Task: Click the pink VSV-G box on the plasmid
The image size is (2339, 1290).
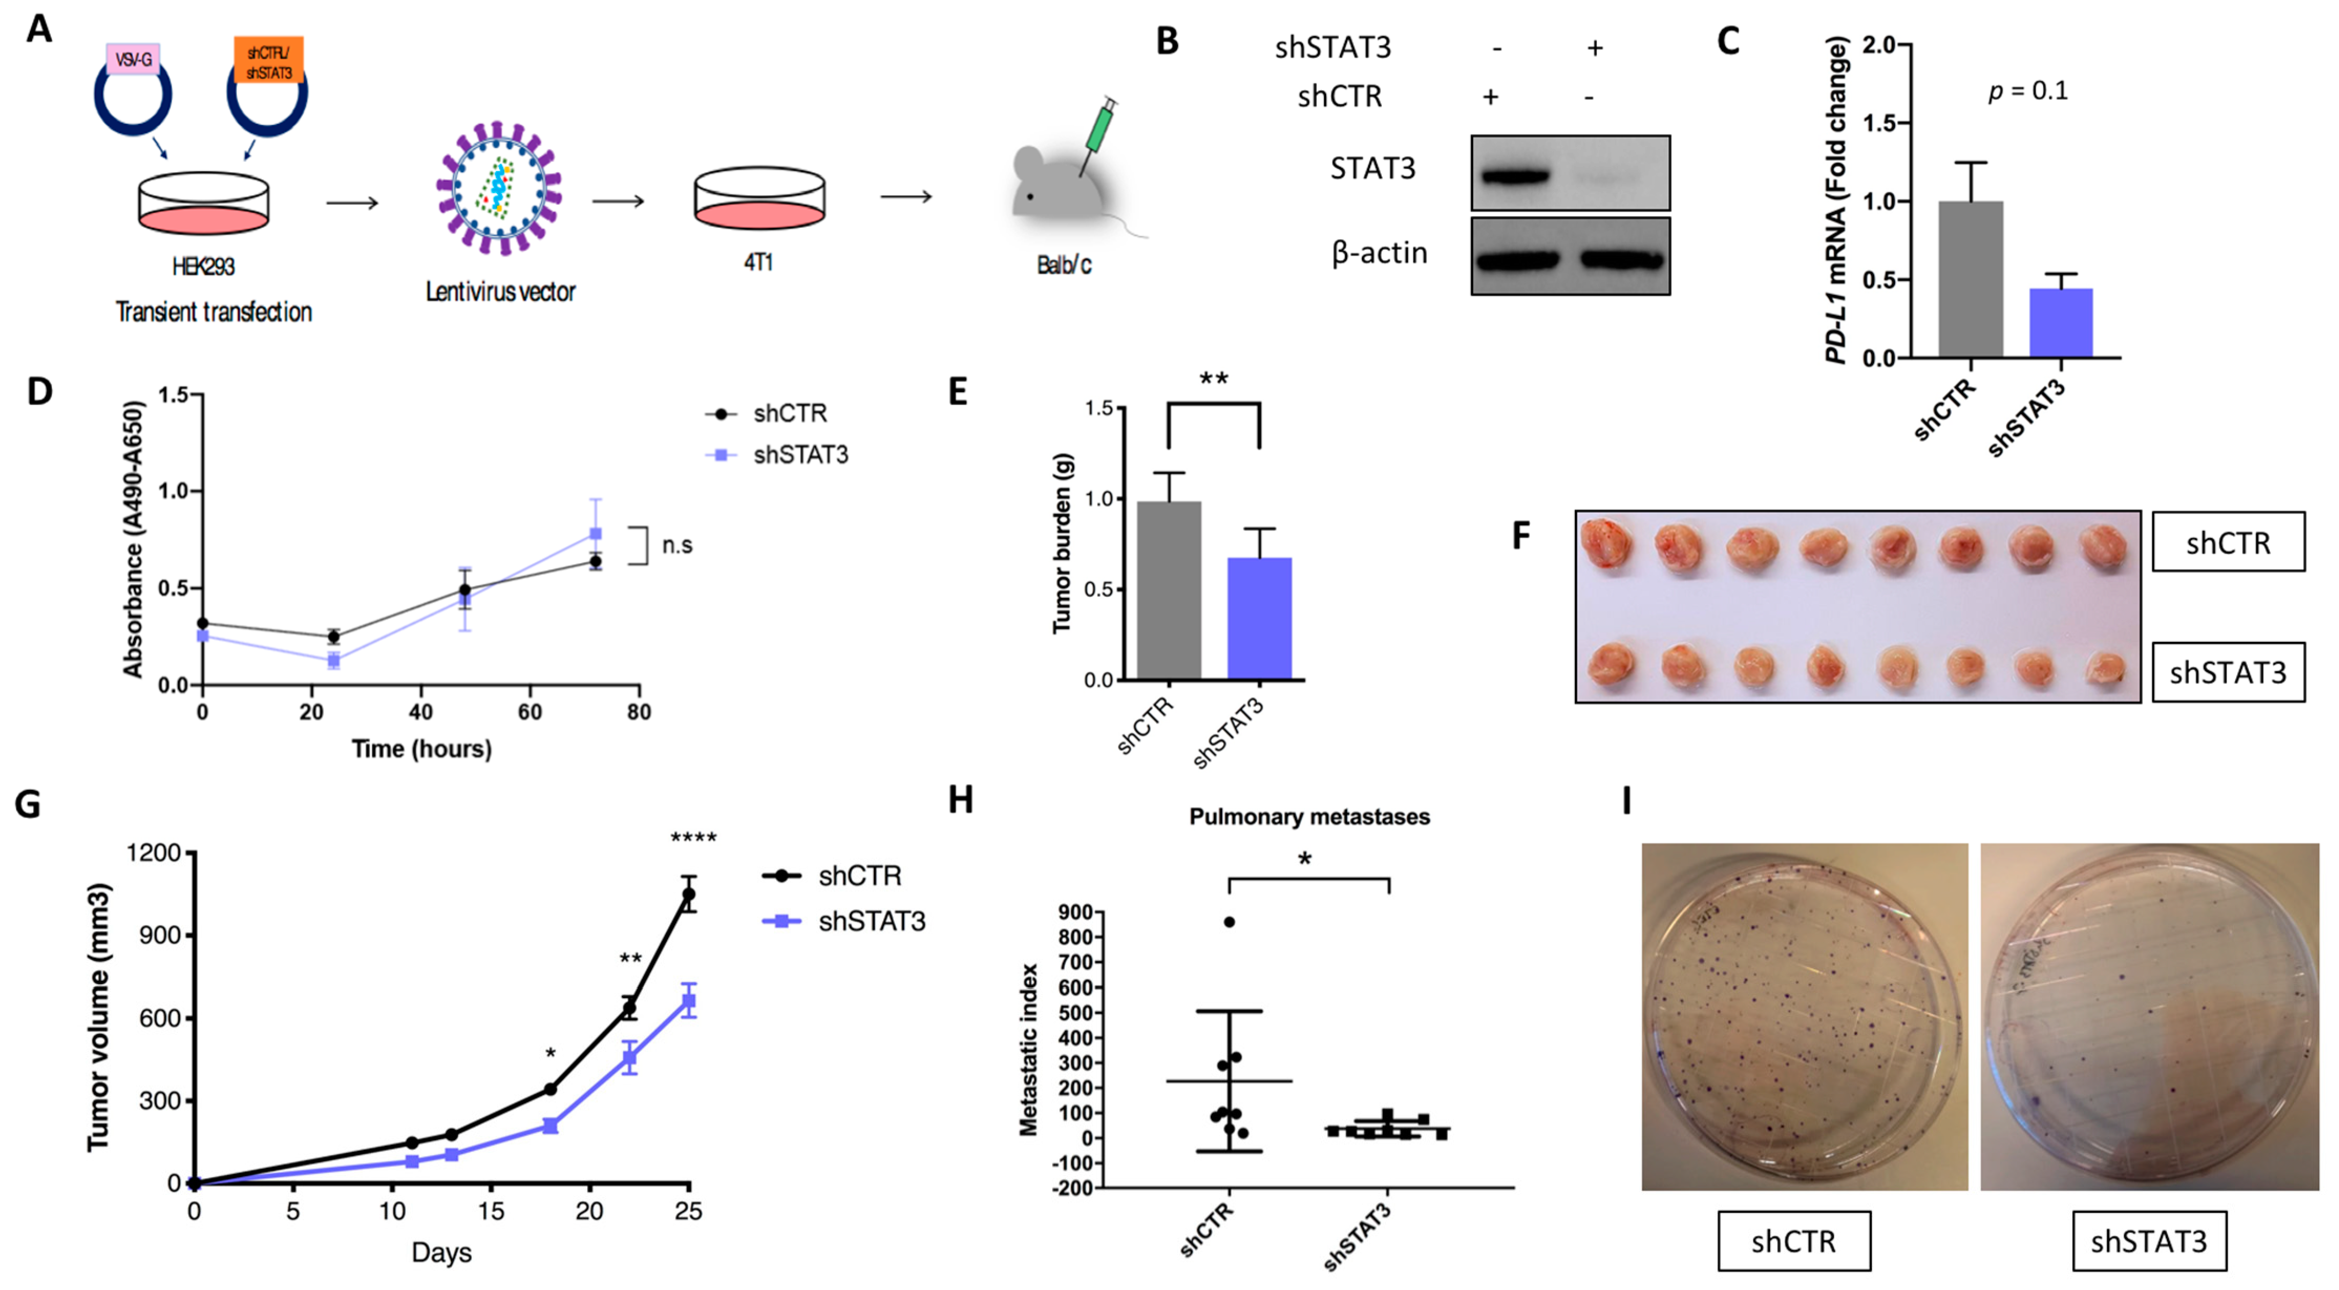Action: point(133,59)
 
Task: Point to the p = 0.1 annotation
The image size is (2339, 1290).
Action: point(2028,91)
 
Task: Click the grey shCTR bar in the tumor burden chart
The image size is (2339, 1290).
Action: point(1169,590)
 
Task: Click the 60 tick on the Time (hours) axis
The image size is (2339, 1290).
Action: point(530,712)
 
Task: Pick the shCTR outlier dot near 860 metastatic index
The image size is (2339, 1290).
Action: point(1230,922)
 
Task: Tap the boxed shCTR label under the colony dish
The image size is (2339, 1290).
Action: point(1793,1241)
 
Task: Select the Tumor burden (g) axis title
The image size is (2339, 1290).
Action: point(1062,543)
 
